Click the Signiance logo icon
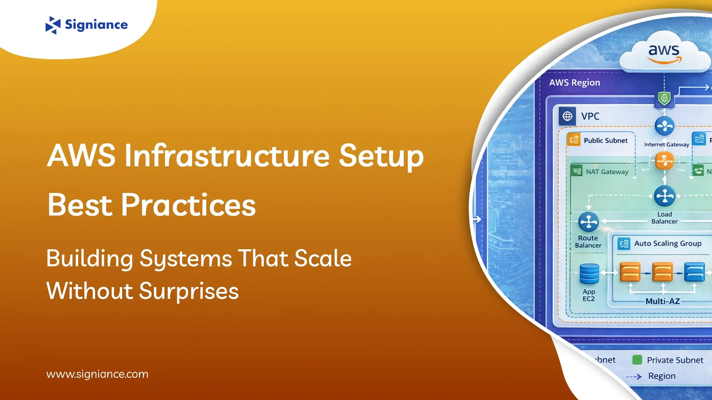(x=53, y=25)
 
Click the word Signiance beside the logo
(x=96, y=25)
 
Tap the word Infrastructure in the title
(x=227, y=156)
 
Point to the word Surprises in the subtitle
(x=189, y=291)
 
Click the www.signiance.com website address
(x=97, y=374)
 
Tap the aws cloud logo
(x=664, y=53)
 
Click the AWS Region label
(x=574, y=83)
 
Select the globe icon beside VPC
(x=567, y=116)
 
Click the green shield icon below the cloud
(x=664, y=99)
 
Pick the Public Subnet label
(x=606, y=141)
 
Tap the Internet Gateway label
(x=666, y=144)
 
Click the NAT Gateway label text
(x=607, y=172)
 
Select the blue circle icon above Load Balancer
(x=665, y=196)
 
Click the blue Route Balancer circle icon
(x=589, y=222)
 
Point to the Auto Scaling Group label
(x=667, y=243)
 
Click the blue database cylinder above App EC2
(x=589, y=274)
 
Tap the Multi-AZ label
(x=663, y=301)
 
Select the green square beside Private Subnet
(x=637, y=360)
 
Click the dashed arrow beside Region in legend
(x=634, y=377)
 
